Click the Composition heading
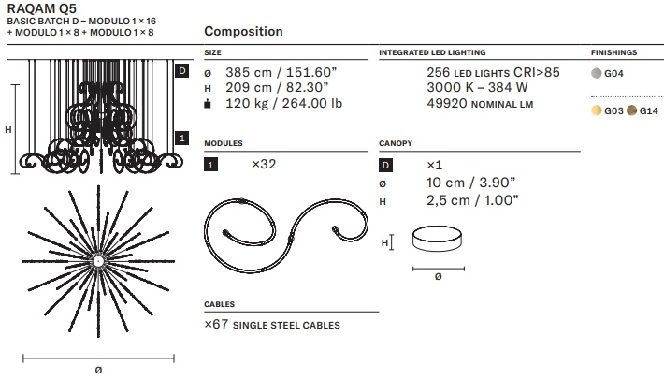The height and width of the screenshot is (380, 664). click(243, 31)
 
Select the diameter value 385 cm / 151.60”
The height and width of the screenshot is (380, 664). click(281, 72)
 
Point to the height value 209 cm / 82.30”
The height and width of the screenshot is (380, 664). click(277, 88)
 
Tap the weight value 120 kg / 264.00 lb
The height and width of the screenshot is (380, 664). click(283, 103)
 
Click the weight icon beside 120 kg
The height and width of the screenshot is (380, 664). click(208, 103)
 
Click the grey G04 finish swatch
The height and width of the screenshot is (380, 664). click(597, 73)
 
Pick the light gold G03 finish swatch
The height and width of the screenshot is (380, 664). click(597, 110)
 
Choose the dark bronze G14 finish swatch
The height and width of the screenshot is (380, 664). click(631, 110)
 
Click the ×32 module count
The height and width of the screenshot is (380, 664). click(264, 164)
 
